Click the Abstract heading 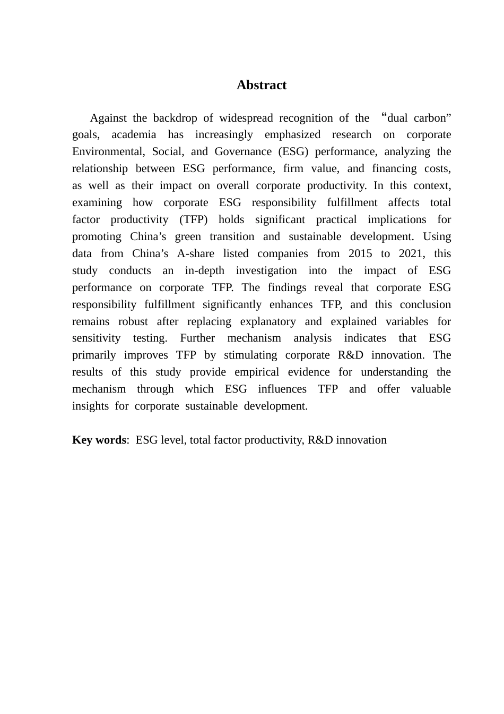click(262, 85)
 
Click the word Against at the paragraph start click(108, 118)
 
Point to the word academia click(134, 135)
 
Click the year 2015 click(360, 254)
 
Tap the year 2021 click(411, 254)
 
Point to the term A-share click(195, 254)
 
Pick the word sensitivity click(97, 338)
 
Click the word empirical click(256, 372)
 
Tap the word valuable click(431, 389)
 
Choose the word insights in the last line click(90, 406)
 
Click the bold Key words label click(99, 440)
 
